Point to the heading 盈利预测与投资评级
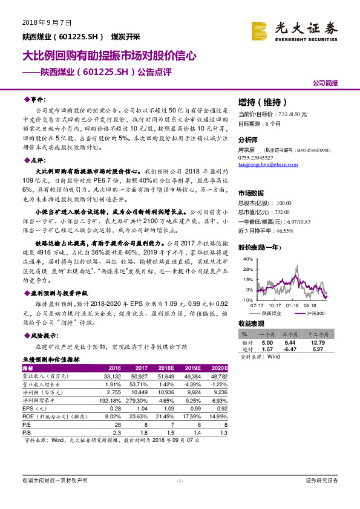(x=57, y=291)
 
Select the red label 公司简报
(x=325, y=82)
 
